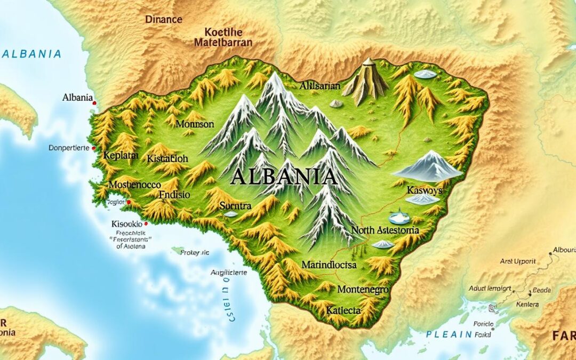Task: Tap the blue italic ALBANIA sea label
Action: click(31, 54)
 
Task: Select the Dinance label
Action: click(164, 20)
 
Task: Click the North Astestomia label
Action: click(385, 230)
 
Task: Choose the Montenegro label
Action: click(363, 290)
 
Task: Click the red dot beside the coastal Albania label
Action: click(94, 102)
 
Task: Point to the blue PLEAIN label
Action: click(449, 334)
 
